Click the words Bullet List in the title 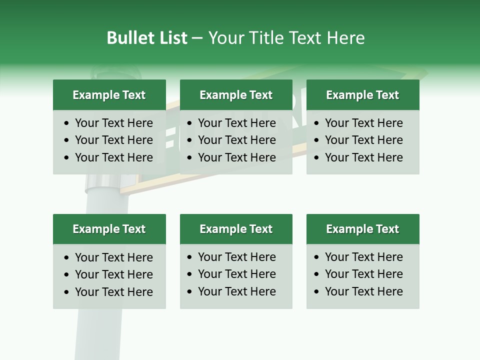coord(147,38)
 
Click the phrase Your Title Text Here coord(286,38)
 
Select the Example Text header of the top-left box coord(109,95)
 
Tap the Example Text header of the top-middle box coord(236,95)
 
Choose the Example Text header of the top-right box coord(362,95)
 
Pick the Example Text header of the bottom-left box coord(109,229)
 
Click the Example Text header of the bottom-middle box coord(236,229)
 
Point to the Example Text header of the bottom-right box coord(362,229)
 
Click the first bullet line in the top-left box coord(113,123)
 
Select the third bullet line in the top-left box coord(113,157)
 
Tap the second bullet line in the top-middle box coord(236,140)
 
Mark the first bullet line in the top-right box coord(363,123)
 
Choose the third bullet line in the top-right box coord(363,157)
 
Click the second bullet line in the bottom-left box coord(113,274)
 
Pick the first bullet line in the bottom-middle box coord(236,257)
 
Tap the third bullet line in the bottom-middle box coord(236,291)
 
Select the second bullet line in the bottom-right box coord(363,274)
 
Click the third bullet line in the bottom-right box coord(363,291)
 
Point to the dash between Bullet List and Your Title coord(197,38)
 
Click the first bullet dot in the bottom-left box coord(67,258)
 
